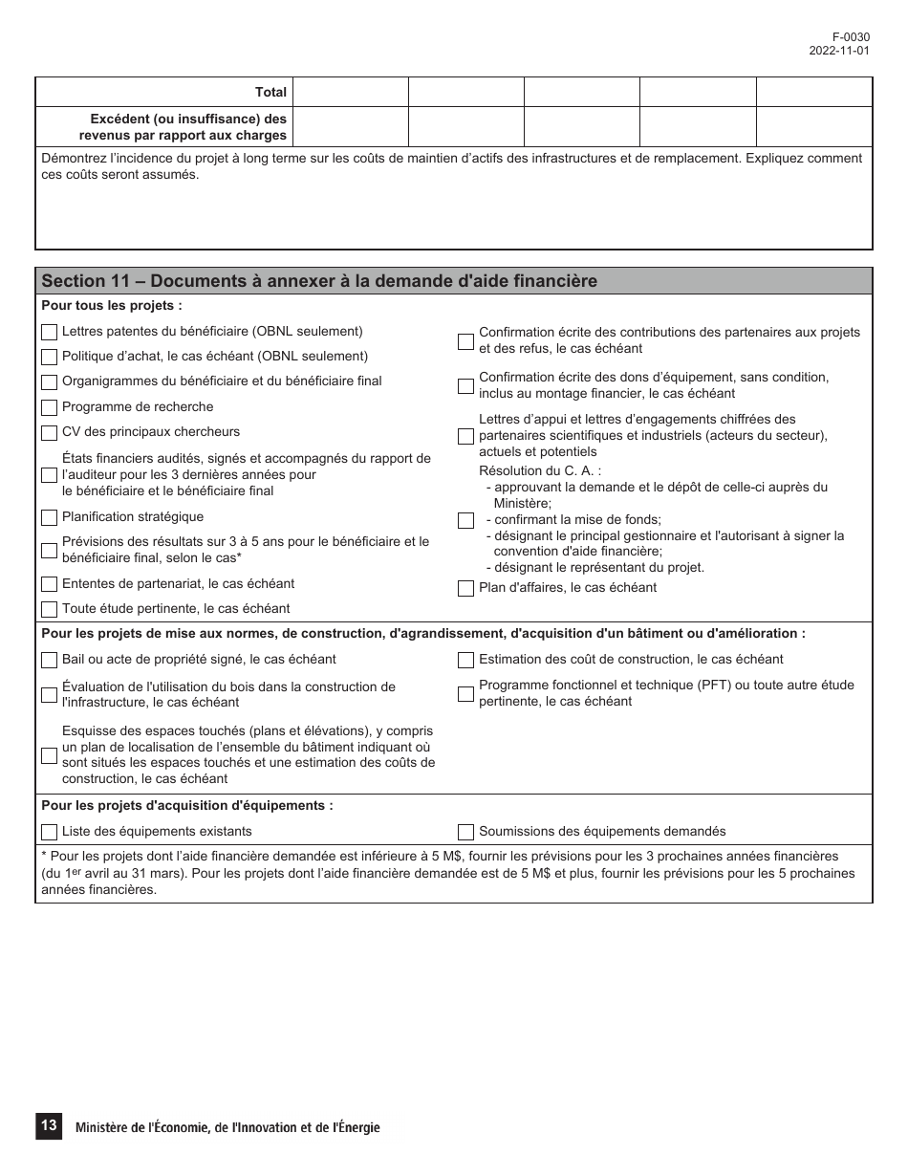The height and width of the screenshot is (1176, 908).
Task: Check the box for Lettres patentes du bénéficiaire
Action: click(x=49, y=332)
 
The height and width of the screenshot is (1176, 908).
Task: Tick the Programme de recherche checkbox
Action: click(x=49, y=407)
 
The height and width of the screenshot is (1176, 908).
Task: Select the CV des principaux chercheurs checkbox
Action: click(x=49, y=433)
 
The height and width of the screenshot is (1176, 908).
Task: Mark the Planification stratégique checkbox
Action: click(x=49, y=517)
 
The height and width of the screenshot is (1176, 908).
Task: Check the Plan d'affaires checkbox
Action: click(x=465, y=588)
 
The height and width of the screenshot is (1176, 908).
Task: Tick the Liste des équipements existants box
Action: click(x=49, y=832)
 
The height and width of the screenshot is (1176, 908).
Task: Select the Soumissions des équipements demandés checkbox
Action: click(x=465, y=832)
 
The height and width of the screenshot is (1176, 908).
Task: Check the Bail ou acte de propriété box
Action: click(x=49, y=660)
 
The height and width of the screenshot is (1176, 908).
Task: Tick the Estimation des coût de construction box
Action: click(x=465, y=660)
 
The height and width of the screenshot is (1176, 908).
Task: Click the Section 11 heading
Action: click(x=319, y=281)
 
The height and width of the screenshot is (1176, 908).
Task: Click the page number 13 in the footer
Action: click(x=49, y=1126)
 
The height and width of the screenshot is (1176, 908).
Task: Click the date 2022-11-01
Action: click(x=839, y=52)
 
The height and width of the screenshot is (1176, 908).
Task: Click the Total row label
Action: click(x=270, y=93)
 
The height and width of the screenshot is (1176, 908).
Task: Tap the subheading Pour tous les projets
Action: click(x=112, y=306)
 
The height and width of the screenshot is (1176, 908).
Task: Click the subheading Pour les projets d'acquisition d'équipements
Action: click(x=187, y=806)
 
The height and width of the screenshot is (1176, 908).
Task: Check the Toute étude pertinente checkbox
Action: click(x=49, y=609)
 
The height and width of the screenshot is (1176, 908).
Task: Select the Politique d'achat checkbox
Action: click(x=49, y=357)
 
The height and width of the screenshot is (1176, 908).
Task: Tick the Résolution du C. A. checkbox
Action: click(x=465, y=521)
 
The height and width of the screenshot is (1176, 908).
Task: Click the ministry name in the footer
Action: click(x=227, y=1128)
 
